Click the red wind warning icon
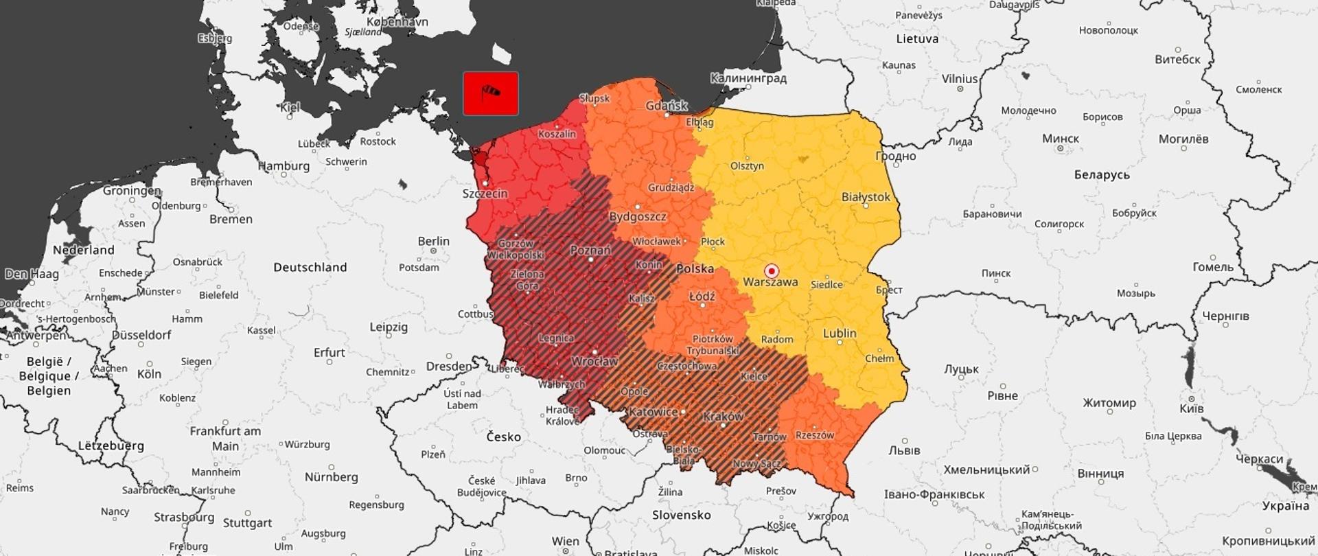pyautogui.click(x=490, y=93)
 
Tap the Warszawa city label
pyautogui.click(x=770, y=282)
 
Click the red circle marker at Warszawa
pyautogui.click(x=771, y=270)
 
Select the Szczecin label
pyautogui.click(x=485, y=194)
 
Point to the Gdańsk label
pyautogui.click(x=666, y=106)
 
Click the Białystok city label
pyautogui.click(x=865, y=197)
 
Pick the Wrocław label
pyautogui.click(x=594, y=361)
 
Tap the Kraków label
pyautogui.click(x=723, y=417)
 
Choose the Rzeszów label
pyautogui.click(x=814, y=435)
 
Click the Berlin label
pyautogui.click(x=433, y=241)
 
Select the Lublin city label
pyautogui.click(x=839, y=334)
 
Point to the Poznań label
pyautogui.click(x=590, y=251)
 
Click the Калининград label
pyautogui.click(x=748, y=78)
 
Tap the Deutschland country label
pyautogui.click(x=310, y=267)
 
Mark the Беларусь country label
pyautogui.click(x=1101, y=175)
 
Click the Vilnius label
pyautogui.click(x=959, y=79)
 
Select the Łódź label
pyautogui.click(x=702, y=297)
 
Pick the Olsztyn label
pyautogui.click(x=747, y=166)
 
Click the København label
pyautogui.click(x=397, y=22)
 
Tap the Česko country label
pyautogui.click(x=503, y=437)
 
